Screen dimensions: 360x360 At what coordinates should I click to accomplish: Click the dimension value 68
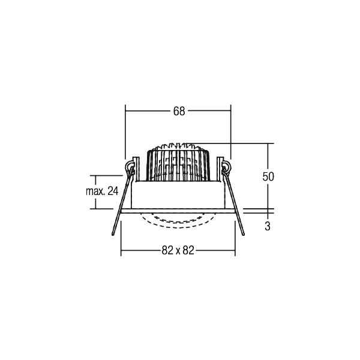pyautogui.click(x=179, y=111)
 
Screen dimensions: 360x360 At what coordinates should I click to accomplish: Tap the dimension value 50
pyautogui.click(x=268, y=176)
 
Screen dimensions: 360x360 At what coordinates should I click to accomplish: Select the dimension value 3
pyautogui.click(x=268, y=226)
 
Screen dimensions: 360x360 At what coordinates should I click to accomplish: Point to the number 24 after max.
pyautogui.click(x=113, y=191)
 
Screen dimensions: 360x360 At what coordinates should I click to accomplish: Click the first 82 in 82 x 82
pyautogui.click(x=167, y=250)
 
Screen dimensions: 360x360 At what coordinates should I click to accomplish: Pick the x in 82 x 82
pyautogui.click(x=178, y=251)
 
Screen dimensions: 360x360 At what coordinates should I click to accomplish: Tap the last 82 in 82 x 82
pyautogui.click(x=188, y=250)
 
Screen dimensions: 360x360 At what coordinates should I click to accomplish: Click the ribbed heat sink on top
pyautogui.click(x=178, y=162)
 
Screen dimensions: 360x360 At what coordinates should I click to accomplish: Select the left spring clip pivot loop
pyautogui.click(x=129, y=166)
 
